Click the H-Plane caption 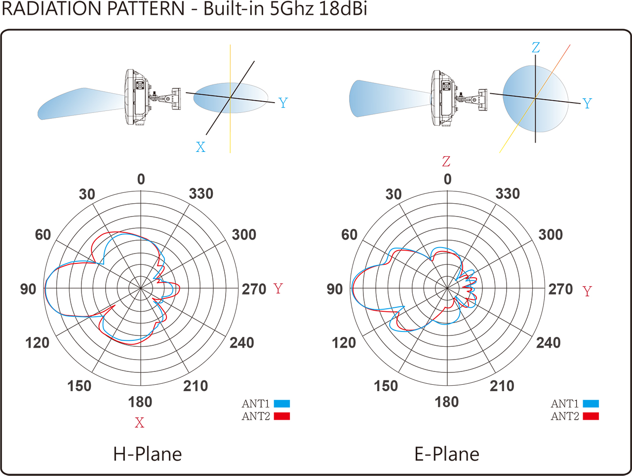pos(148,454)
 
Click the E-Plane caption pos(447,454)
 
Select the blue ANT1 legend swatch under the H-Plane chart pos(281,403)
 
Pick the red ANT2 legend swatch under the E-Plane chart pos(591,416)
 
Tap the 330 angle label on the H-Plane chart pos(201,193)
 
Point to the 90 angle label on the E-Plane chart pos(335,289)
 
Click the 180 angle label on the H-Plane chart pos(140,402)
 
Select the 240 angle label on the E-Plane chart pos(548,342)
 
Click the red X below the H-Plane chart pos(140,423)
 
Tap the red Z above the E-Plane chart pos(446,161)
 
